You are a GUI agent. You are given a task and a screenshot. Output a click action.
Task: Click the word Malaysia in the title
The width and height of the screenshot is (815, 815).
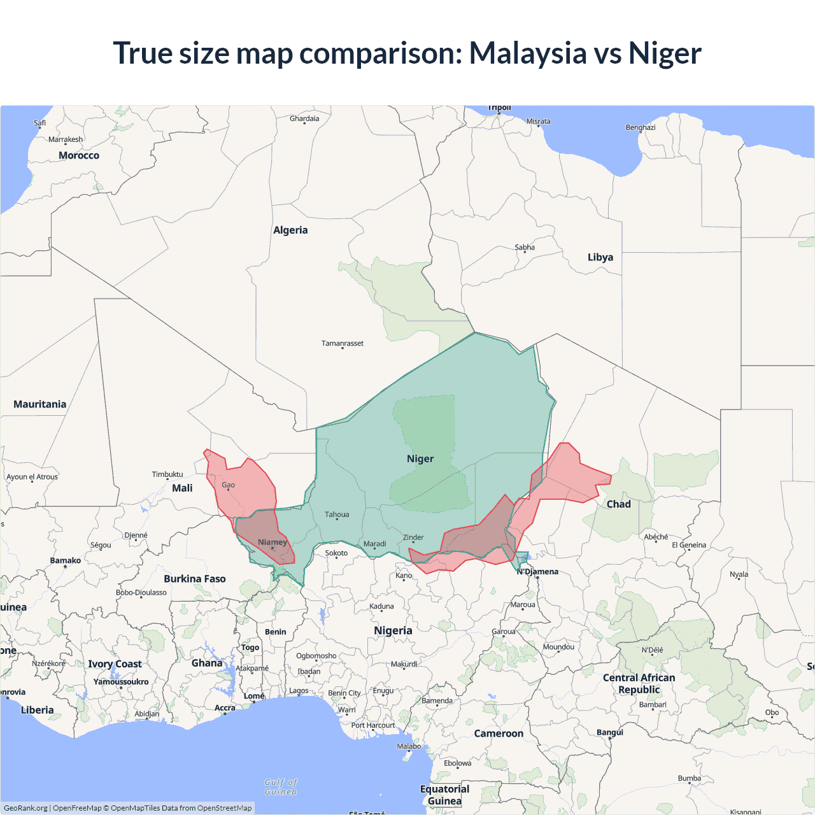click(x=528, y=53)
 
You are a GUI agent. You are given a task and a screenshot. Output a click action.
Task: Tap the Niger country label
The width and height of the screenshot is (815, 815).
click(x=420, y=459)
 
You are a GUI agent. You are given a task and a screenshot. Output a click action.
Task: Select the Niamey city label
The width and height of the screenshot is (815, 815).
click(x=273, y=542)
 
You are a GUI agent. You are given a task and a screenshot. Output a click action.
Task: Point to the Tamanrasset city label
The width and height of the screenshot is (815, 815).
click(x=343, y=344)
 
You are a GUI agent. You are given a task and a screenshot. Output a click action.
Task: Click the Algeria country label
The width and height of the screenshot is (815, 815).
click(x=290, y=230)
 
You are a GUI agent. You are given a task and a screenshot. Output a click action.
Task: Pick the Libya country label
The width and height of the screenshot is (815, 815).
click(x=600, y=257)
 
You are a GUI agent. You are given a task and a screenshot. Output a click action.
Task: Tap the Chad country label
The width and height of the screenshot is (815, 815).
click(x=618, y=504)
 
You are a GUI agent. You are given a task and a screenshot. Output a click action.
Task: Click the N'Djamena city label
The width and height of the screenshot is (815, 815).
click(x=538, y=572)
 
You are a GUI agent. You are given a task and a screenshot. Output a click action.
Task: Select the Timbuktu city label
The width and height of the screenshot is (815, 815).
click(x=167, y=474)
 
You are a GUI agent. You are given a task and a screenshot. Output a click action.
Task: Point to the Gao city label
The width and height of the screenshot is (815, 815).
click(x=228, y=485)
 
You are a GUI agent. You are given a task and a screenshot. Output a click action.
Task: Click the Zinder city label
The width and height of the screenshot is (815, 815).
click(x=413, y=538)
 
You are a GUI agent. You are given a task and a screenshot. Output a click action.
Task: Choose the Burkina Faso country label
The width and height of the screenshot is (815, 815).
click(x=195, y=579)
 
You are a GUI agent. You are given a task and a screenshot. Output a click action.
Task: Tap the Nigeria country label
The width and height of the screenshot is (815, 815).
click(x=393, y=631)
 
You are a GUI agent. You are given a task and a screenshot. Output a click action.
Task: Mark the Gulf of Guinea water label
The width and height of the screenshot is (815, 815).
click(x=281, y=787)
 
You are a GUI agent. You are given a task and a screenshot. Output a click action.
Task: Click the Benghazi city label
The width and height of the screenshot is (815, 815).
click(x=641, y=127)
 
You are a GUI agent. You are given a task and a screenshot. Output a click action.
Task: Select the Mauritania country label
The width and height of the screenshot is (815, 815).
click(x=40, y=404)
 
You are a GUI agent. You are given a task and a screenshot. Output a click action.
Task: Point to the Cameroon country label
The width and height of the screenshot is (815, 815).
click(x=499, y=733)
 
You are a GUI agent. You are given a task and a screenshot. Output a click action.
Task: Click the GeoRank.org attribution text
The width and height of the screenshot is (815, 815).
click(x=25, y=808)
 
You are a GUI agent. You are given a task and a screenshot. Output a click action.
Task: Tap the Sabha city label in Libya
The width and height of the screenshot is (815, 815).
click(x=525, y=248)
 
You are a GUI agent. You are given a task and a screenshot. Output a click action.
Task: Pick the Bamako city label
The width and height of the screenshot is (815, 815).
click(x=66, y=561)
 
